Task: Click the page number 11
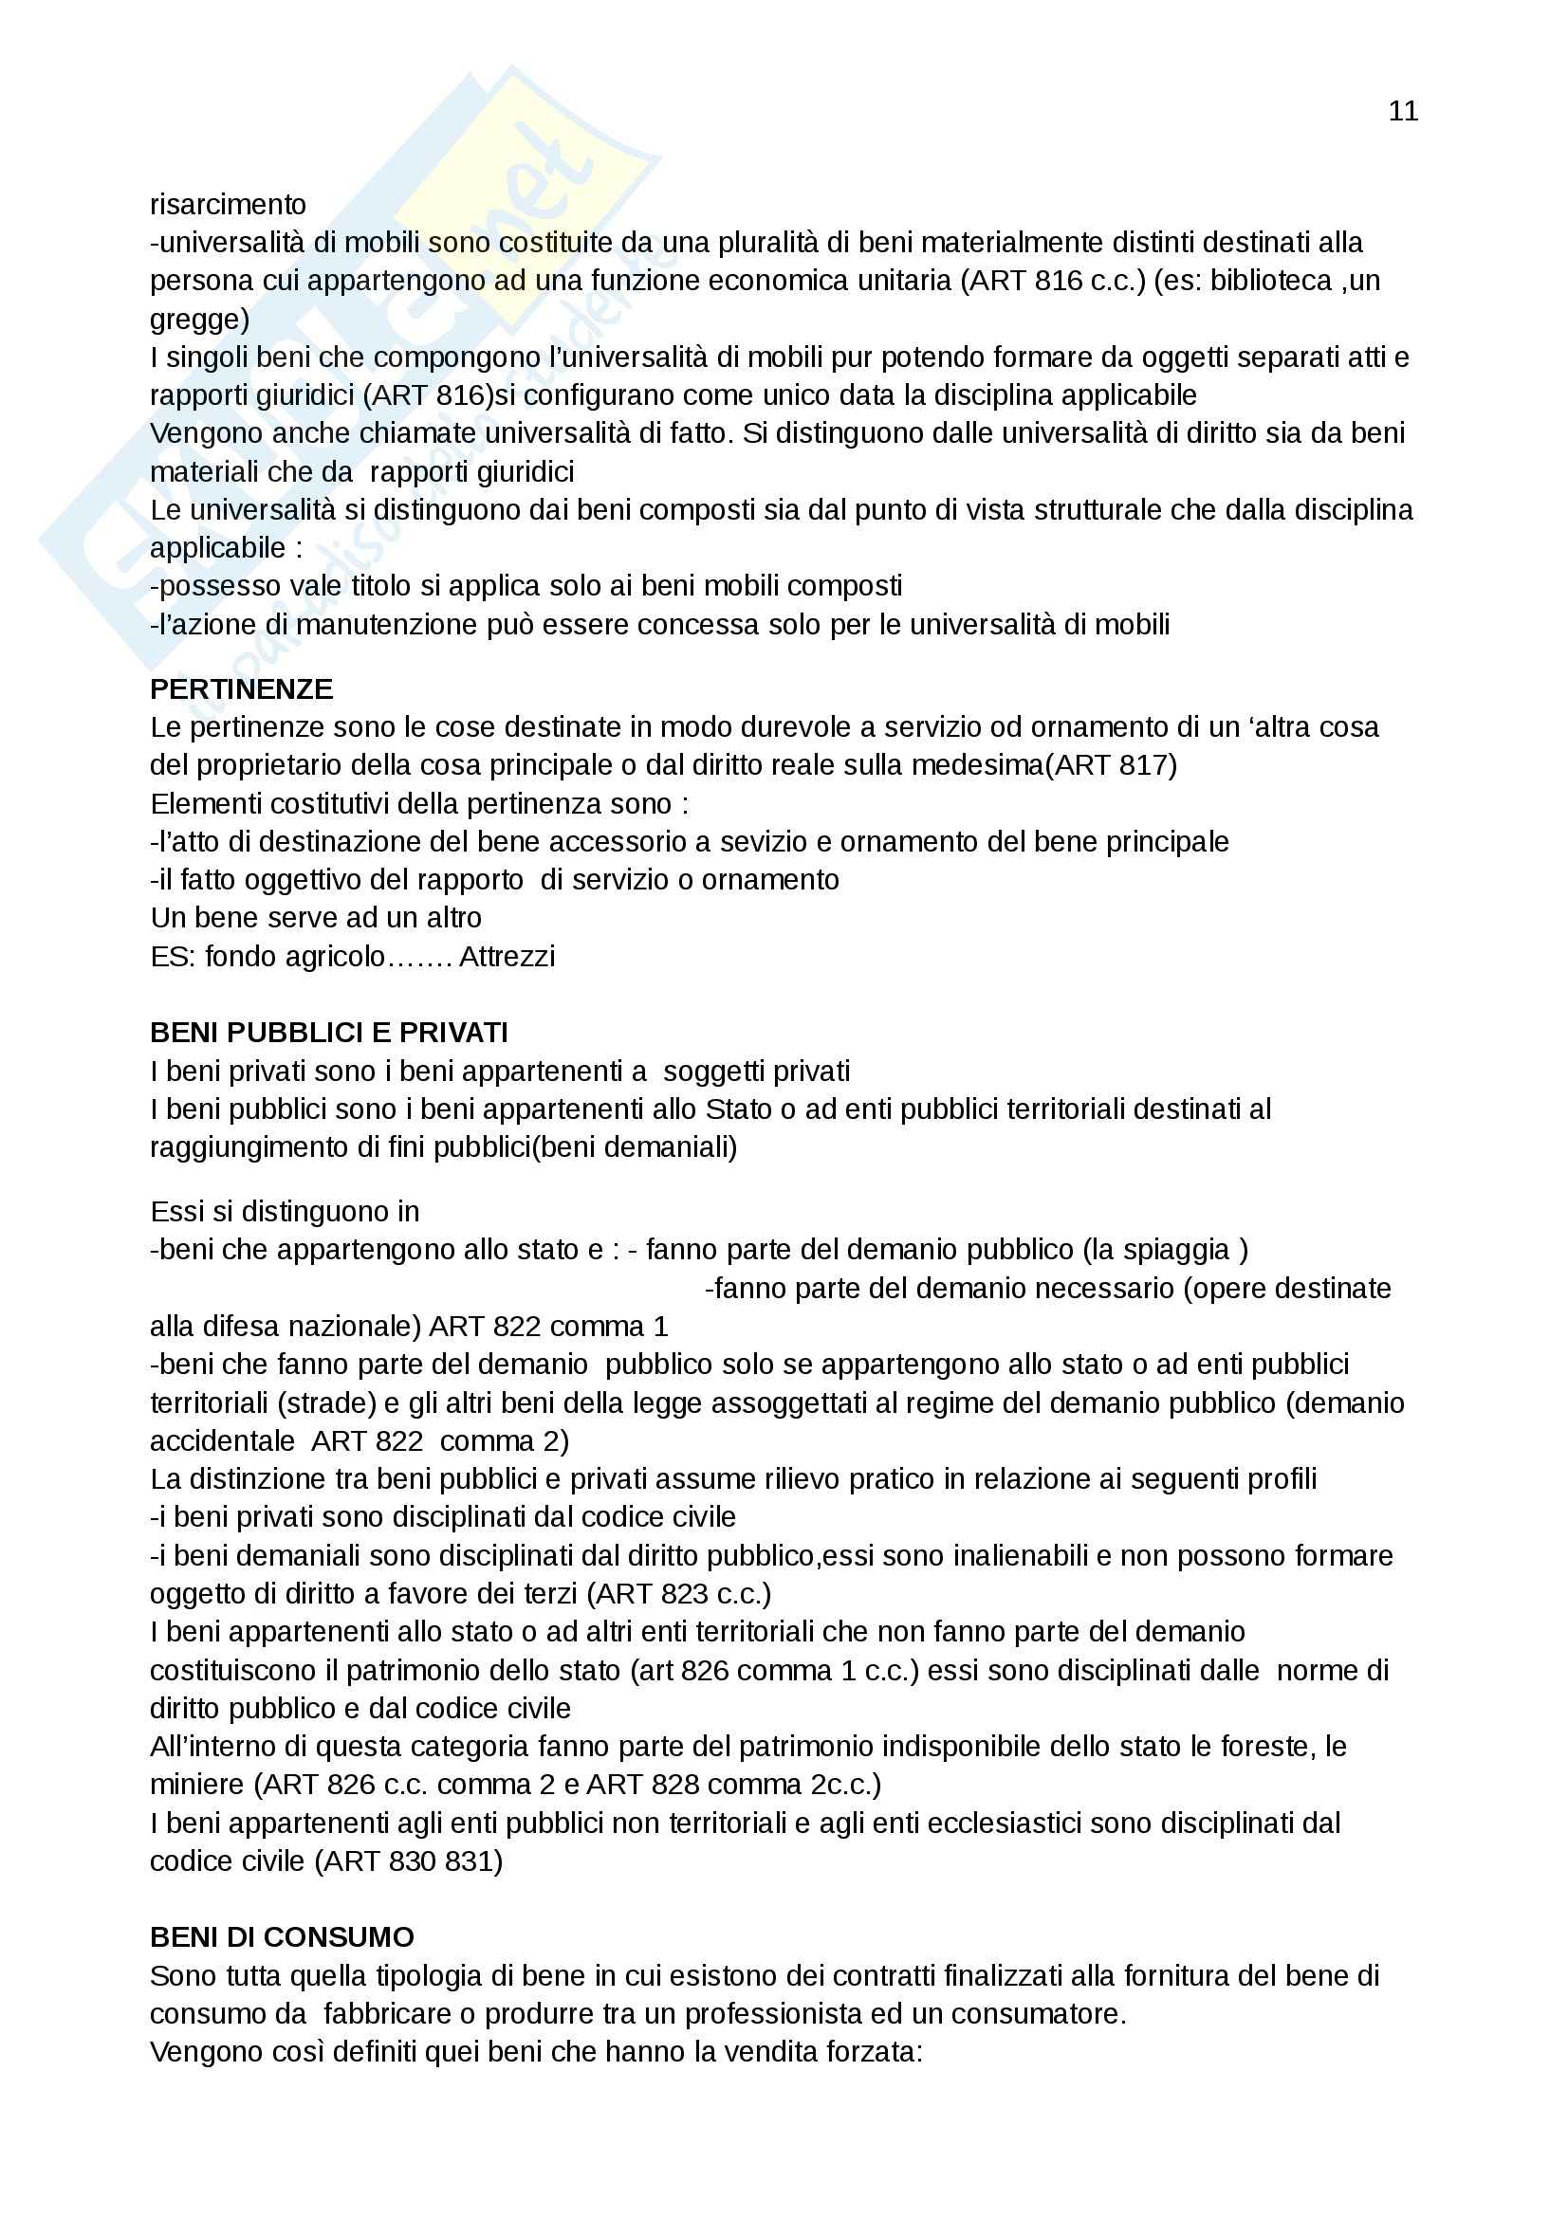coord(1403,112)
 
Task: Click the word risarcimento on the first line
coord(228,205)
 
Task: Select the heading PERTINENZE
coord(242,688)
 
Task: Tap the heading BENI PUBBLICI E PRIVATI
coord(328,1033)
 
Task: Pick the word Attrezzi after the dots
coord(507,957)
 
